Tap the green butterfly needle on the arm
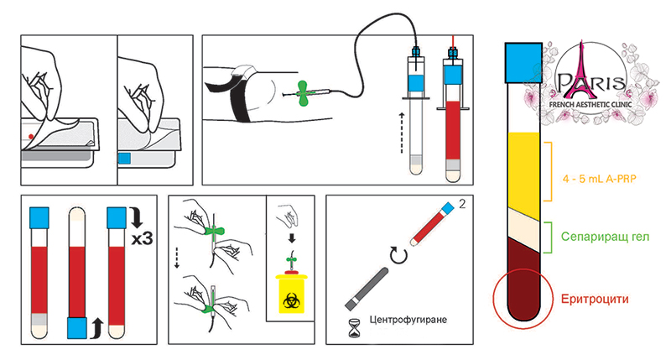(304, 93)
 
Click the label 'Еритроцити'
(595, 299)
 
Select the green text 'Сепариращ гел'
(605, 237)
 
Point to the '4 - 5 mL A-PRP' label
(599, 179)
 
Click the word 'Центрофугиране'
(408, 320)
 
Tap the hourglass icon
(354, 328)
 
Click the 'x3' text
(142, 238)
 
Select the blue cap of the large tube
(523, 62)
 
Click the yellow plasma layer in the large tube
(523, 175)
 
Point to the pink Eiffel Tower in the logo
(580, 70)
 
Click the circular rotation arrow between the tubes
(398, 256)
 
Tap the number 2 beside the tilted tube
(462, 204)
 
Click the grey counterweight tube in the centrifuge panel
(367, 288)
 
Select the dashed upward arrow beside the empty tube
(402, 133)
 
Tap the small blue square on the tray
(124, 158)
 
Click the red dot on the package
(31, 137)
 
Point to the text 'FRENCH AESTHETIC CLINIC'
(590, 104)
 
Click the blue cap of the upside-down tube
(77, 328)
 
